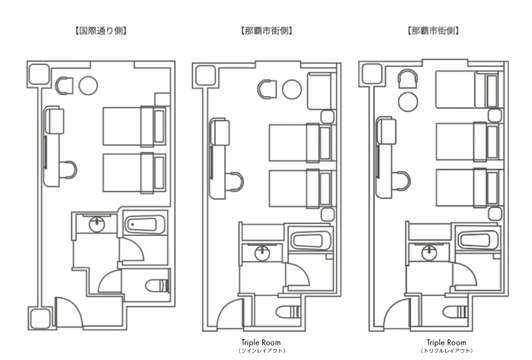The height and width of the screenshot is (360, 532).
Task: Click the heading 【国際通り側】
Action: click(x=101, y=31)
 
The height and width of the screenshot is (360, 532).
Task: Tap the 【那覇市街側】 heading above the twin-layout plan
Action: click(x=266, y=31)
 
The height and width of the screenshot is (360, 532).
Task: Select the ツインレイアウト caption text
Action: click(x=262, y=351)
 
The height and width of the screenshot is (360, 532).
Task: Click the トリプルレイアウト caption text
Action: click(x=446, y=351)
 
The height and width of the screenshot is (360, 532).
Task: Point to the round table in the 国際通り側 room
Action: click(x=88, y=86)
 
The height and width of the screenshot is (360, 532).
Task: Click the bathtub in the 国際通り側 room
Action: click(x=144, y=224)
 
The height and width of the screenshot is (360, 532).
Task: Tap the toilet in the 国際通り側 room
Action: click(x=158, y=286)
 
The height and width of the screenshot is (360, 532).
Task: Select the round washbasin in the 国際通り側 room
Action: click(x=97, y=224)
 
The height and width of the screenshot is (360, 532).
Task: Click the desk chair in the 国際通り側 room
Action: click(x=69, y=170)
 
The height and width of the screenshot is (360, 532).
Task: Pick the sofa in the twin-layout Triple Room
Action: click(x=319, y=91)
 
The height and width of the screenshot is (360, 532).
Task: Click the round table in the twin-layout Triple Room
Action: click(x=292, y=90)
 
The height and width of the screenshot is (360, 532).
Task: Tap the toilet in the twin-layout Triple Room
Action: click(x=288, y=312)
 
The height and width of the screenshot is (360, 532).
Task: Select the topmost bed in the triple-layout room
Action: click(x=468, y=90)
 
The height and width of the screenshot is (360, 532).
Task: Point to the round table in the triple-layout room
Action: click(x=408, y=101)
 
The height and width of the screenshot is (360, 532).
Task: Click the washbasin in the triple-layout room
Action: click(x=429, y=253)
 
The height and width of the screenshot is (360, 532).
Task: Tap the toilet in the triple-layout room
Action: click(x=455, y=312)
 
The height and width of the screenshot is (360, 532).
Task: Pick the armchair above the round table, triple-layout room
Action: click(x=407, y=79)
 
